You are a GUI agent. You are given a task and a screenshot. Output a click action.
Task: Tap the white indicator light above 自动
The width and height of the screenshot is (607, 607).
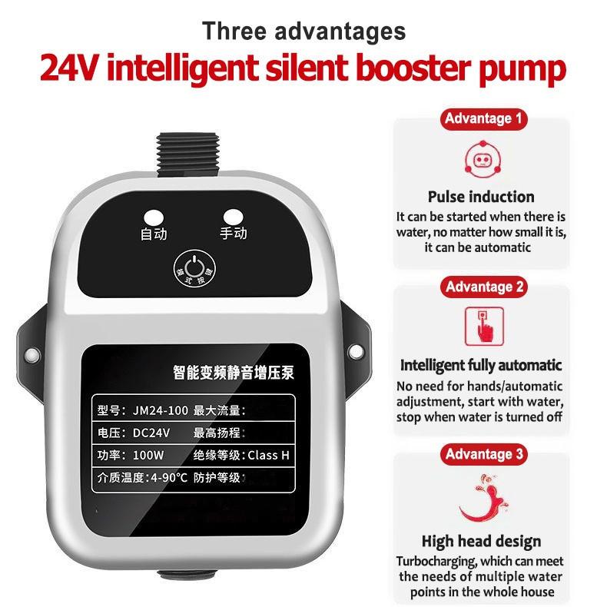154,217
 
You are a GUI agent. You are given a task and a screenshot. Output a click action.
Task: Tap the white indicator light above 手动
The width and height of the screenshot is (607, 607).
233,217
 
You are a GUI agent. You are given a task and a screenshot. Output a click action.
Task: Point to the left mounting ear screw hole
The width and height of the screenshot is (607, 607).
32,354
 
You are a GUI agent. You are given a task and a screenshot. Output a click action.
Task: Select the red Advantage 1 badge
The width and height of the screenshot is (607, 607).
484,119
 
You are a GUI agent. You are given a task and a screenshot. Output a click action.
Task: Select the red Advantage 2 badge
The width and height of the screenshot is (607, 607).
484,287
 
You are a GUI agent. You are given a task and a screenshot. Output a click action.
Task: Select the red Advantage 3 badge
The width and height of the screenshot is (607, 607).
484,454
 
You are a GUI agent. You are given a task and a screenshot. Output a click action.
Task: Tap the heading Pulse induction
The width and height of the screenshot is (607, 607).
481,197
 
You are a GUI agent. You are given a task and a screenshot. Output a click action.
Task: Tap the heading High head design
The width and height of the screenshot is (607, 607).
481,541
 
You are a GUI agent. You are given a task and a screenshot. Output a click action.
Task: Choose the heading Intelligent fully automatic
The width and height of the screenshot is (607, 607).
481,365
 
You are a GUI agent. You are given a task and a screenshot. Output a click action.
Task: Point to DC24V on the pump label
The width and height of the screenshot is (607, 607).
151,432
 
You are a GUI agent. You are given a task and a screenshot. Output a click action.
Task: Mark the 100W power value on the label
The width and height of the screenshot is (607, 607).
149,455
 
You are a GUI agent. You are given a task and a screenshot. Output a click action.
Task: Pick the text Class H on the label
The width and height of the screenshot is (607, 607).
268,455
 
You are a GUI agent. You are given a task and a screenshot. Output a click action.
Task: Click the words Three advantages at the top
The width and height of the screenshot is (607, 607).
303,32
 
